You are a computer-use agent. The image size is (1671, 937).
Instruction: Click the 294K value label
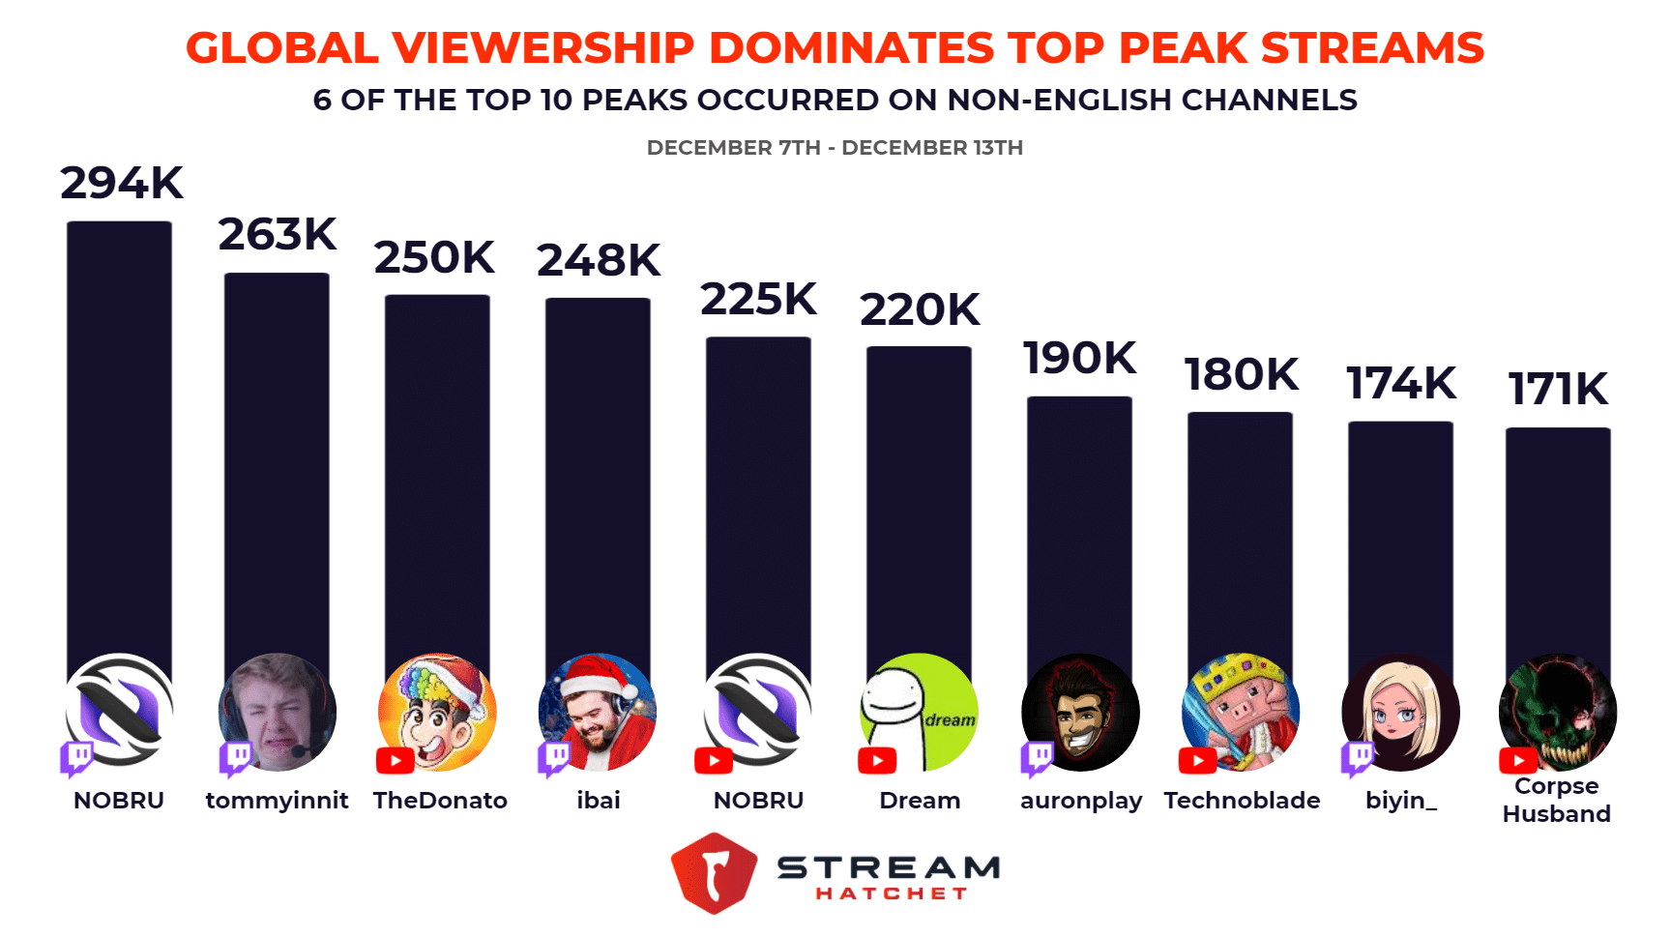122,183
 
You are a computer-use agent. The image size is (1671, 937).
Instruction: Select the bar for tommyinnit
277,464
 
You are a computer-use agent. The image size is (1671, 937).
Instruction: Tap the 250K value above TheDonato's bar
434,257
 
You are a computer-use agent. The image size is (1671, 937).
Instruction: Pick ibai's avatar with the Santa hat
598,712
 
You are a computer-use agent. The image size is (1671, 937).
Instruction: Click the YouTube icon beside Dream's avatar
877,761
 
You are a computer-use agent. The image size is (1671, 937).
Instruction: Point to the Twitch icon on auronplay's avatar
1037,758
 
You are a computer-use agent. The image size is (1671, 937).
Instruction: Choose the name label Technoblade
1242,801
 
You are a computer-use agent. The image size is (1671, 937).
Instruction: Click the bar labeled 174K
1400,542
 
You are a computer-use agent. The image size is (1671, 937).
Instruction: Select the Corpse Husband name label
1556,801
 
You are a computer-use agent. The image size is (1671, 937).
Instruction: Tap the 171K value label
1558,389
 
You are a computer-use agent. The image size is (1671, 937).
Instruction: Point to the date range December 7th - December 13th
835,148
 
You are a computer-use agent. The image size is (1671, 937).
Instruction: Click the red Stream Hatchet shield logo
714,873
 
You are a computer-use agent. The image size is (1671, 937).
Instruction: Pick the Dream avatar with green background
919,712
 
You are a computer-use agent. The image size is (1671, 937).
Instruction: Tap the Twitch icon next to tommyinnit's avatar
235,758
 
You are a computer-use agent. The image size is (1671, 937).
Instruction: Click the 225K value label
758,300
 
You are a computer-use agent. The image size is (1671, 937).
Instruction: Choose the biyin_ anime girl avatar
1400,712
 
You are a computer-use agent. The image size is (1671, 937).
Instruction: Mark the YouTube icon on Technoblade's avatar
1197,761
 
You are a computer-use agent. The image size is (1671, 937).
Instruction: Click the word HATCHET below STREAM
891,893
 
